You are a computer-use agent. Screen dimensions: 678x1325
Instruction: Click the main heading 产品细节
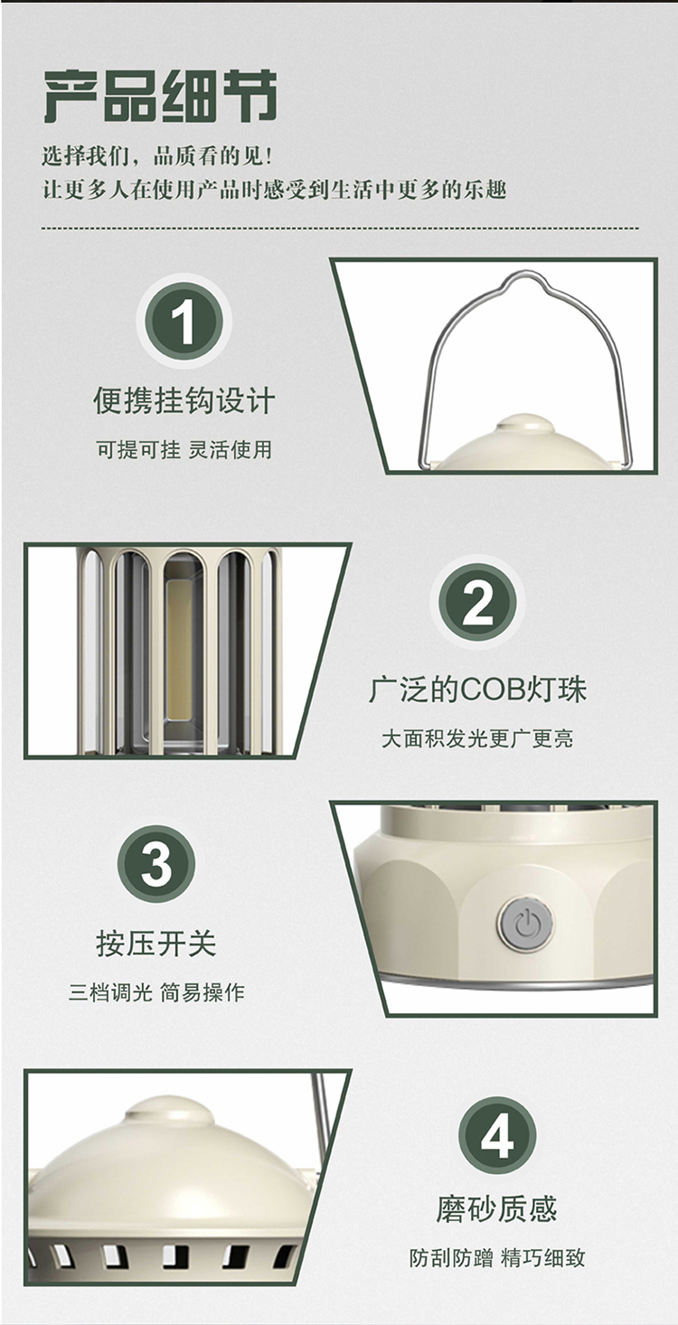tap(160, 96)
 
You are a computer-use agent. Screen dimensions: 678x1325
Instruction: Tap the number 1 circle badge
tap(184, 321)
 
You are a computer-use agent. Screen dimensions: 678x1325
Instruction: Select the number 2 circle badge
tap(476, 603)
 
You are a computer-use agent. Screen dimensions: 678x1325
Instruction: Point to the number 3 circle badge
tap(155, 863)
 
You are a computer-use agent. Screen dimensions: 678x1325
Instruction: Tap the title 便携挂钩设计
tap(184, 401)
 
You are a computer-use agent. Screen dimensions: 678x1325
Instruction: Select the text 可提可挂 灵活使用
tap(184, 449)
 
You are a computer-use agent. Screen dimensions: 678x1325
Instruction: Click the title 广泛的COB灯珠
tap(477, 690)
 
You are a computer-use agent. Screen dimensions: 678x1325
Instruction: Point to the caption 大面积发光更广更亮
tap(477, 738)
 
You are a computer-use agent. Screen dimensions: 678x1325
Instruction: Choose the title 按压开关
tap(156, 943)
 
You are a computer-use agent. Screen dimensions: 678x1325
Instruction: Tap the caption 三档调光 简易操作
tap(156, 992)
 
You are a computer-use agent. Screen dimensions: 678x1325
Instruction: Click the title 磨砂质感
tap(497, 1208)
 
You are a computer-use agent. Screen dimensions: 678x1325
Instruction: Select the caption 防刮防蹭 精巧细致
tap(497, 1258)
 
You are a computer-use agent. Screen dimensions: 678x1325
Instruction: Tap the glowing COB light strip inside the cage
tap(177, 648)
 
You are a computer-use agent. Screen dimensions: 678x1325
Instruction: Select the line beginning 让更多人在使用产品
tap(274, 191)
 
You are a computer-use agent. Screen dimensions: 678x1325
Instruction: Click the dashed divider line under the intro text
tap(340, 228)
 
